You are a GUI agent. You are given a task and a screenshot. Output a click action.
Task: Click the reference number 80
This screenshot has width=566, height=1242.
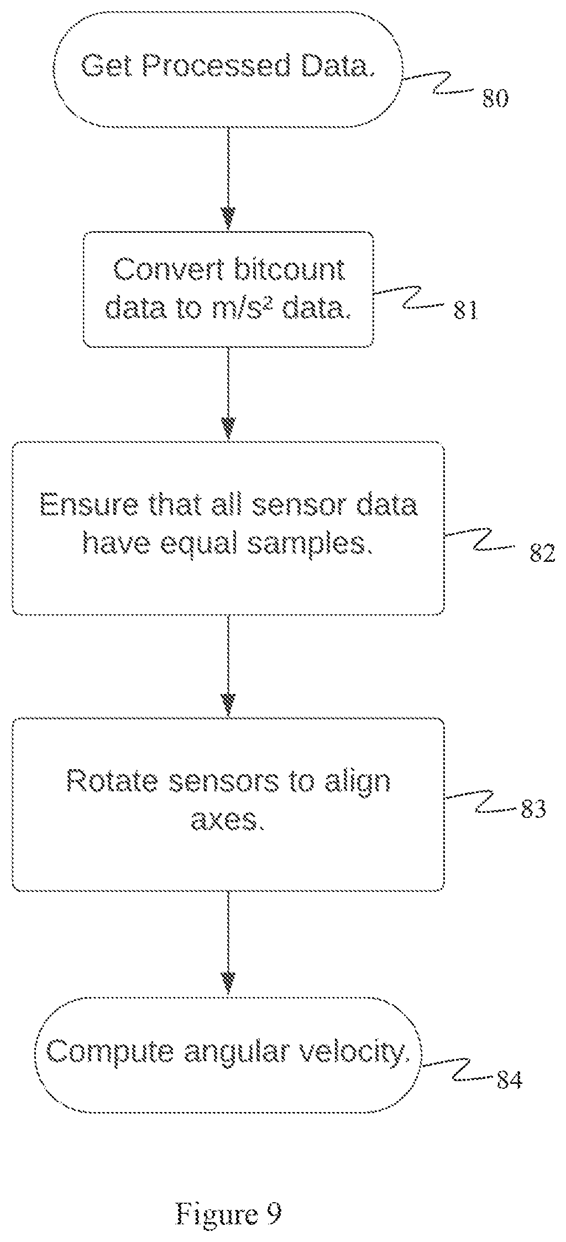[495, 100]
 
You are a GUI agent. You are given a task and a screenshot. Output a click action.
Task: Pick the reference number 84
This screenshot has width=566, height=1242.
[509, 1080]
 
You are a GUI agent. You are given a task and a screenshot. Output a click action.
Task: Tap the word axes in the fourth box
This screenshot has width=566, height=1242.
[225, 820]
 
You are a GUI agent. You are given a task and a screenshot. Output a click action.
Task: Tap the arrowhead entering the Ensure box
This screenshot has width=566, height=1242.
[228, 428]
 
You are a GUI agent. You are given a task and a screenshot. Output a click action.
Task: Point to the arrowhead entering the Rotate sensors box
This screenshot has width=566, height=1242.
[228, 705]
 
